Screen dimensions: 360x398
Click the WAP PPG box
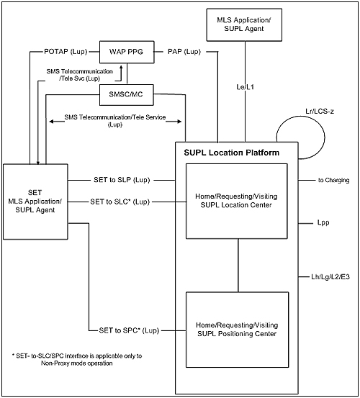tap(127, 52)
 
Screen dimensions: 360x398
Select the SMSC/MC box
tap(127, 95)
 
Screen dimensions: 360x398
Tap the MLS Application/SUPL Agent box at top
tap(244, 24)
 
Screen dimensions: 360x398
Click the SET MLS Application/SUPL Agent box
tap(35, 202)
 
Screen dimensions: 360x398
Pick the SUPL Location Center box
tap(237, 201)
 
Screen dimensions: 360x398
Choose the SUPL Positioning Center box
tap(237, 330)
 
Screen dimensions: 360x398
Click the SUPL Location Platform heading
tap(232, 153)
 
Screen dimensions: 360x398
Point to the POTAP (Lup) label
tap(66, 52)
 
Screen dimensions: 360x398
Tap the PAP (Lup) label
tap(184, 52)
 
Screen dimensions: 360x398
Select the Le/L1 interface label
tap(245, 87)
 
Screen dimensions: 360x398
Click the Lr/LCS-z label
tap(320, 111)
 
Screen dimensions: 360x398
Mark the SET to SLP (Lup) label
tap(122, 180)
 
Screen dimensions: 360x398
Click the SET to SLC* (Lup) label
tap(120, 202)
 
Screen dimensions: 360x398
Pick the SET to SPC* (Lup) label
tap(129, 330)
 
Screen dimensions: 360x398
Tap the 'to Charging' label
tap(333, 180)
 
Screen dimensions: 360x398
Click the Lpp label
tap(323, 223)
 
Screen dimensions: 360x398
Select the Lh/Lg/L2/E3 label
tap(330, 276)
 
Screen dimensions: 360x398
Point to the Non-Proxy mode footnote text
tap(77, 359)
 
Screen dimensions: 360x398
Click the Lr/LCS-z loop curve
tap(325, 137)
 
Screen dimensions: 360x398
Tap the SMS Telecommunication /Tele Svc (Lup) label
tap(79, 75)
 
